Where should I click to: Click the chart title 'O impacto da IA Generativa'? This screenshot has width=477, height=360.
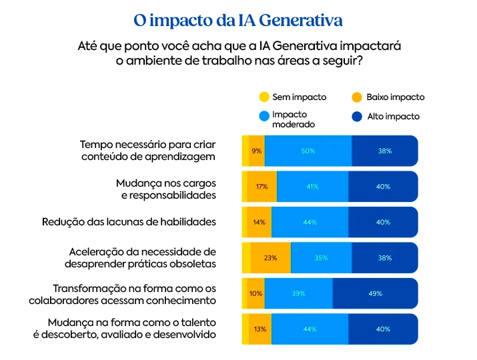pyautogui.click(x=238, y=20)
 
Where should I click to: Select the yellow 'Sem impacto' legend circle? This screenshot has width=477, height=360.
pyautogui.click(x=264, y=97)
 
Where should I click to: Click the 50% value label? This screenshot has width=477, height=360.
pyautogui.click(x=308, y=151)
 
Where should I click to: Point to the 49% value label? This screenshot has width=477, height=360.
pyautogui.click(x=375, y=293)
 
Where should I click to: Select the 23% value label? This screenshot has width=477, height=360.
pyautogui.click(x=270, y=258)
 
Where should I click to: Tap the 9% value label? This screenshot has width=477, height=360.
pyautogui.click(x=256, y=151)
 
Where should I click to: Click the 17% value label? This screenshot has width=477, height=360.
pyautogui.click(x=262, y=187)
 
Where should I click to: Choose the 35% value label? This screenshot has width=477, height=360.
pyautogui.click(x=321, y=258)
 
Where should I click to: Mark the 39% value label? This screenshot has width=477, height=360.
pyautogui.click(x=298, y=293)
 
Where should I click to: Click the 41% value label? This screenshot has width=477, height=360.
pyautogui.click(x=312, y=187)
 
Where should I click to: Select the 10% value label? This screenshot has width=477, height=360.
pyautogui.click(x=256, y=293)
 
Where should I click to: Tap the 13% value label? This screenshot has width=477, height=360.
pyautogui.click(x=260, y=329)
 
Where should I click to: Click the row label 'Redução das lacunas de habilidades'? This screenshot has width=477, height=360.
pyautogui.click(x=129, y=222)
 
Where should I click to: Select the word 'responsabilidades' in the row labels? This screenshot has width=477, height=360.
pyautogui.click(x=168, y=195)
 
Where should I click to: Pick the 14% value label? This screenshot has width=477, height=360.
pyautogui.click(x=259, y=222)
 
